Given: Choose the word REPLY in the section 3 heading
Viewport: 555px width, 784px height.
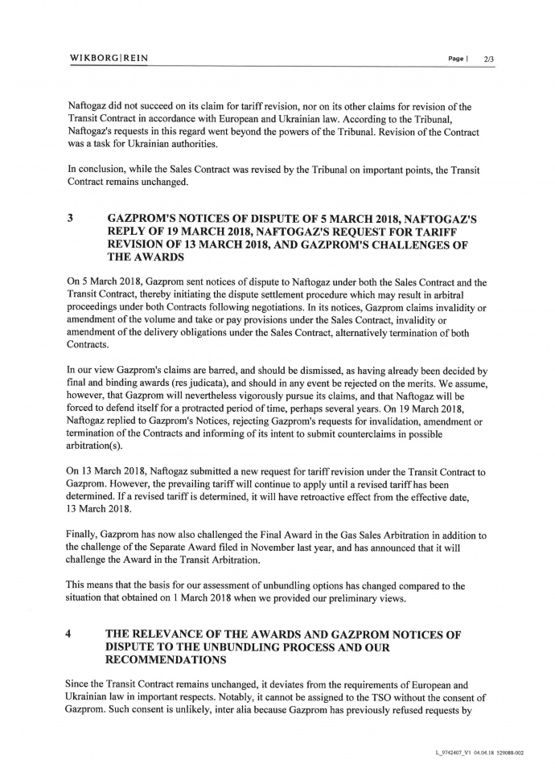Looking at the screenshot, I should tap(134, 232).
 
